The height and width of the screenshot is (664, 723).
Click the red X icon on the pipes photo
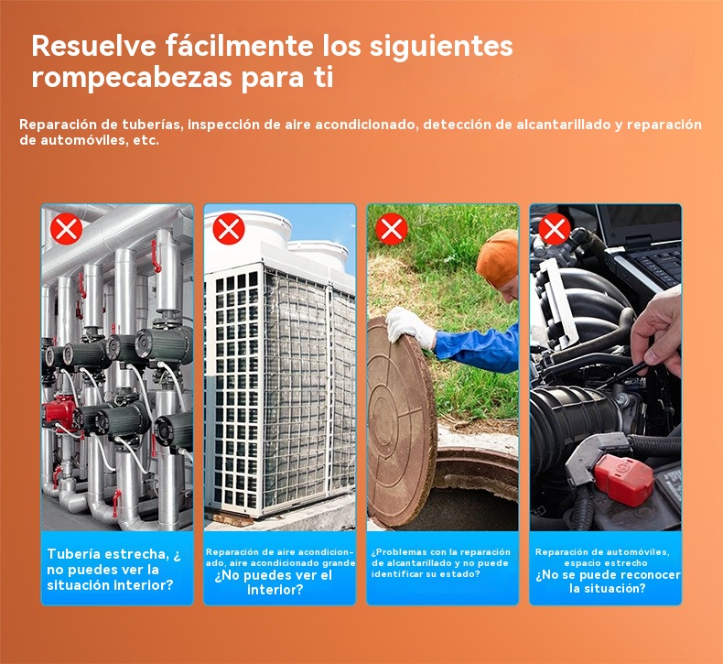67,228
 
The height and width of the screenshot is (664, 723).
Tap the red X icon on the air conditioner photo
229,228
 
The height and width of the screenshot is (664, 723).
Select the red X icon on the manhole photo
392,228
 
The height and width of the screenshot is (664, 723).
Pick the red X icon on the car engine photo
555,228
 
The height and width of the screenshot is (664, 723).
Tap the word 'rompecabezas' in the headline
132,78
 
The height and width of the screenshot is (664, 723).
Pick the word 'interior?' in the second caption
275,590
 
